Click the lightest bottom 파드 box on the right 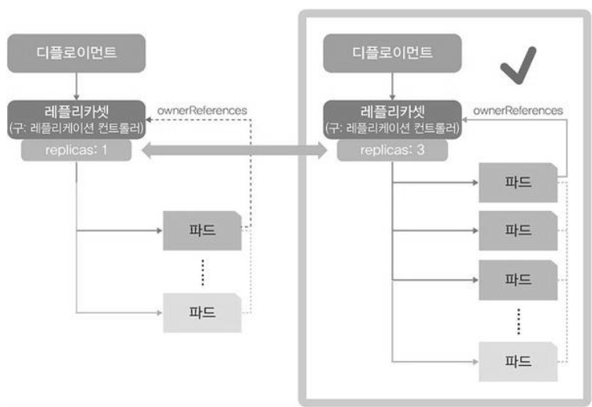point(517,361)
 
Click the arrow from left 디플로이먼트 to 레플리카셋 point(76,85)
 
